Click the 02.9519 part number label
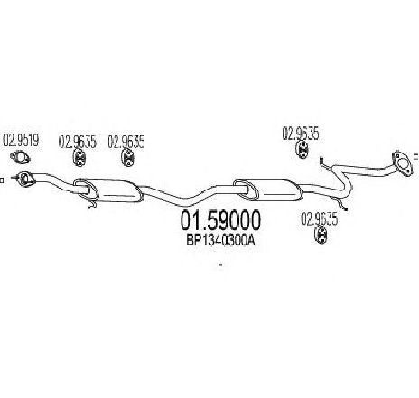click(x=21, y=141)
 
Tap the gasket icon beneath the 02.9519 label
click(x=20, y=157)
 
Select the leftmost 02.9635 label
click(x=78, y=142)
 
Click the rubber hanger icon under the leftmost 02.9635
click(x=79, y=157)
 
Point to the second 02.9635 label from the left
click(x=126, y=142)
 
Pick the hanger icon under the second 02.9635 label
click(x=127, y=157)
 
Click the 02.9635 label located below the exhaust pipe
click(x=319, y=219)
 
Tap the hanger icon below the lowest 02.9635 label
click(x=321, y=235)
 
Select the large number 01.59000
click(x=220, y=220)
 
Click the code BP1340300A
click(x=220, y=240)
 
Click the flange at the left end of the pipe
click(x=25, y=180)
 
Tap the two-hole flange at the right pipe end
click(x=402, y=162)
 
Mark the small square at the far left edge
click(x=2, y=180)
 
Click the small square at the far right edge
click(x=416, y=156)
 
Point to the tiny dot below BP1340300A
click(x=220, y=265)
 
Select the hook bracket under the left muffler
click(x=92, y=204)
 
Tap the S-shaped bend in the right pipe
click(x=343, y=180)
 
